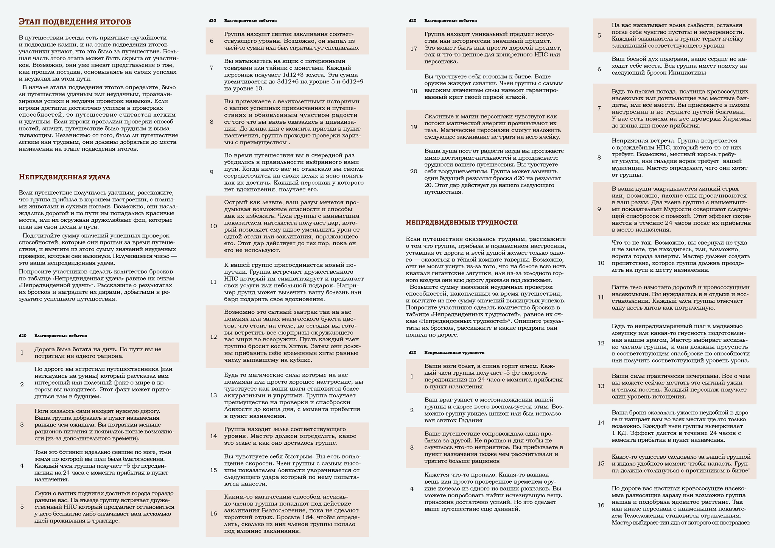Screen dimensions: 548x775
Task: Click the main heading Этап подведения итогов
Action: [x=75, y=22]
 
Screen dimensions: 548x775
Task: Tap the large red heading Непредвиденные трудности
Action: [x=461, y=223]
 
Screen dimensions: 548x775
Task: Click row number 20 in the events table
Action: [x=414, y=171]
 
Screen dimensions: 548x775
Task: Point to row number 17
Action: [x=414, y=48]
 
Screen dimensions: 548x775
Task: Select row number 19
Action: [x=414, y=127]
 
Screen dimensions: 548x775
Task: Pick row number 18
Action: [x=414, y=91]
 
